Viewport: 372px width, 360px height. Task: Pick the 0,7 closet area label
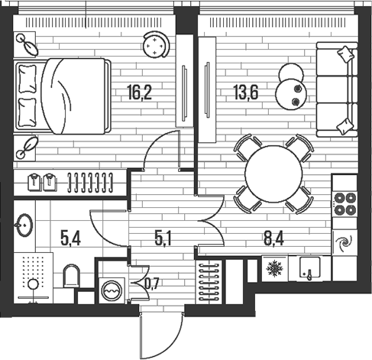[151, 287]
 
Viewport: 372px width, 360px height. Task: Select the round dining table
[273, 174]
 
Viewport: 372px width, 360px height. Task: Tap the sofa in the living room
[335, 89]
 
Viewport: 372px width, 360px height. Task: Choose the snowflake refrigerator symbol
[272, 270]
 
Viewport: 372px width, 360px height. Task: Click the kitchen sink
[310, 269]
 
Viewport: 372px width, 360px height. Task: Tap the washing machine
[112, 290]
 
